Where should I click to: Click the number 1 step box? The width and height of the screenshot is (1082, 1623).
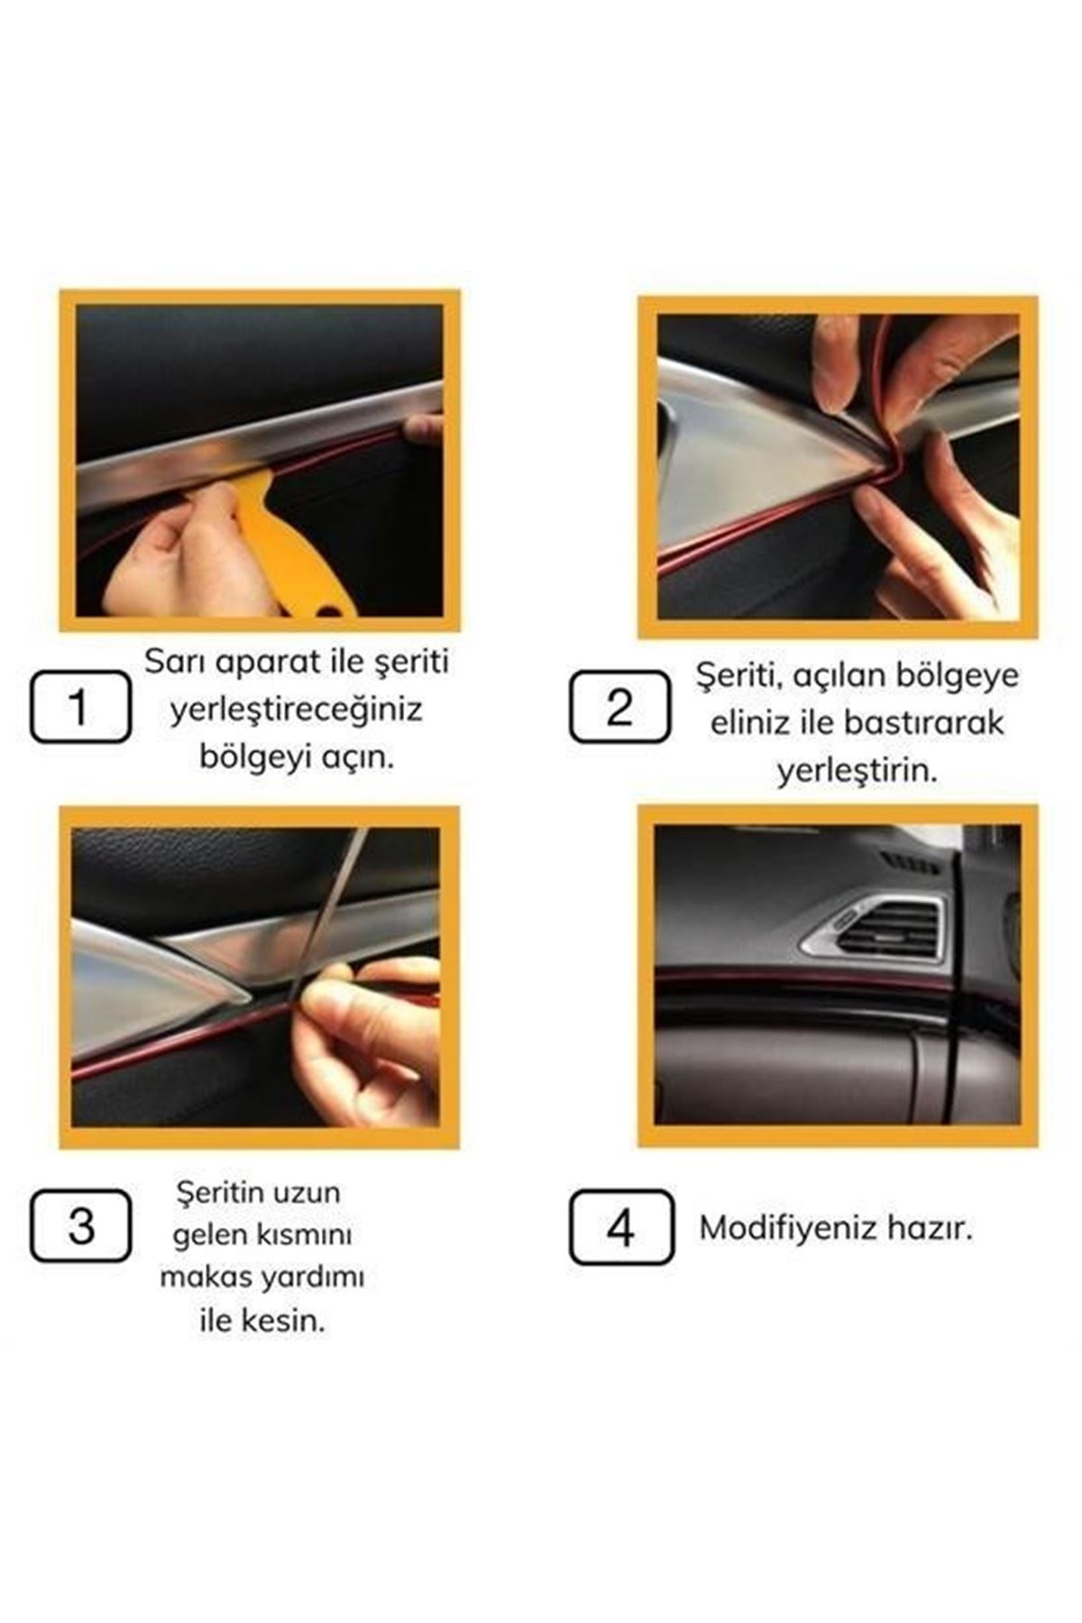tap(80, 706)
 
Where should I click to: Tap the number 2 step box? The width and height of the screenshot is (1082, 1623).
tap(619, 706)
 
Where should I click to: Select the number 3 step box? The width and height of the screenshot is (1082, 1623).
tap(80, 1225)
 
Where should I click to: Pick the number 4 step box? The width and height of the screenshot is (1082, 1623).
tap(621, 1226)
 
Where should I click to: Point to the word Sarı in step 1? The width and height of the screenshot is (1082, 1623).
tap(172, 662)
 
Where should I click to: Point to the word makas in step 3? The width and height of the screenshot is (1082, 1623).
tap(206, 1278)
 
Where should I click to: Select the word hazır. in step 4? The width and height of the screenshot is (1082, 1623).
tap(930, 1228)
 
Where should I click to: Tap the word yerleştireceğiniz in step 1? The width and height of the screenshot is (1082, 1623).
tap(297, 711)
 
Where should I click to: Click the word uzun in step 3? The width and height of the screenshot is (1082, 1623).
tap(311, 1193)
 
